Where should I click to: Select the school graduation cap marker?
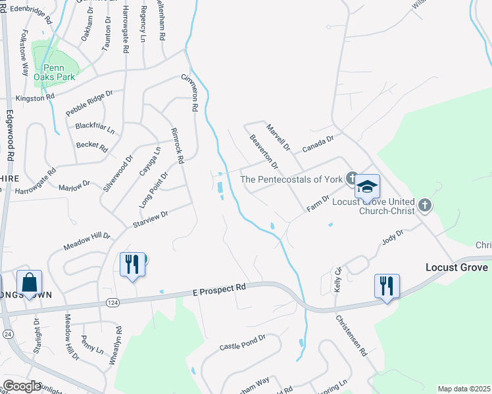tap(368, 186)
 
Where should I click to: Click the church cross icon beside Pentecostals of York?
tap(352, 178)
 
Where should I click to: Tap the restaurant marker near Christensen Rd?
tap(386, 286)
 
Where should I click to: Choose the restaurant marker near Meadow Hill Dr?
tap(132, 265)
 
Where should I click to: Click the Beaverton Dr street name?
tap(264, 150)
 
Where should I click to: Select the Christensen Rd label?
tap(352, 336)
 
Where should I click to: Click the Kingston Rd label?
tap(35, 98)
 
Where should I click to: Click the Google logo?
tap(22, 386)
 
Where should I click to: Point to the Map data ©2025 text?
tap(464, 389)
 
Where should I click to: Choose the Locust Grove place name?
tap(456, 267)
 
